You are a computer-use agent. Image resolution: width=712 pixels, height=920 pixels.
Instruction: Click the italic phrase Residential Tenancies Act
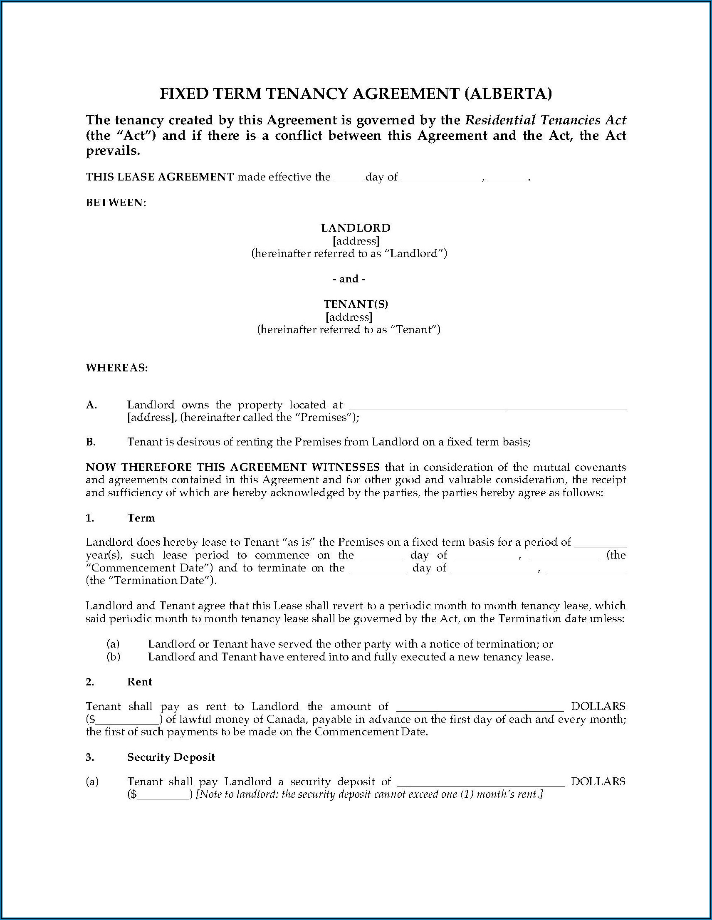(545, 120)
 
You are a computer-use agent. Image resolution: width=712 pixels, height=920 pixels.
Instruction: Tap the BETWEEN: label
(116, 203)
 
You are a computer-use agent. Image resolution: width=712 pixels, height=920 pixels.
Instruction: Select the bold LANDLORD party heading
(356, 228)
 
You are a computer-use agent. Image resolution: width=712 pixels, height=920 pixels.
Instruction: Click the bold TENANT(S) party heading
(356, 304)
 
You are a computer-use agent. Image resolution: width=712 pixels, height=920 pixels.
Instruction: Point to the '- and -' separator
(349, 279)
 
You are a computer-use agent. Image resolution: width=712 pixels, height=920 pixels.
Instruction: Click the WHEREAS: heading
(117, 368)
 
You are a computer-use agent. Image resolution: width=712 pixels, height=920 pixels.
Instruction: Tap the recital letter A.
(91, 405)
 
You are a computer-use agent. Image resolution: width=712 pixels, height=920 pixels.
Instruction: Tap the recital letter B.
(91, 442)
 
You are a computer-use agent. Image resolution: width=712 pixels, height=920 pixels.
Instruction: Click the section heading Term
(141, 518)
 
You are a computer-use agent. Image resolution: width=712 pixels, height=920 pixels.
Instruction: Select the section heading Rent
(140, 682)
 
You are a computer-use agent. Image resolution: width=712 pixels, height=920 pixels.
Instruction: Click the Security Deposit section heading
(171, 757)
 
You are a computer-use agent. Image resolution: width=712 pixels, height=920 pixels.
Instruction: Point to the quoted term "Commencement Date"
(150, 567)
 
